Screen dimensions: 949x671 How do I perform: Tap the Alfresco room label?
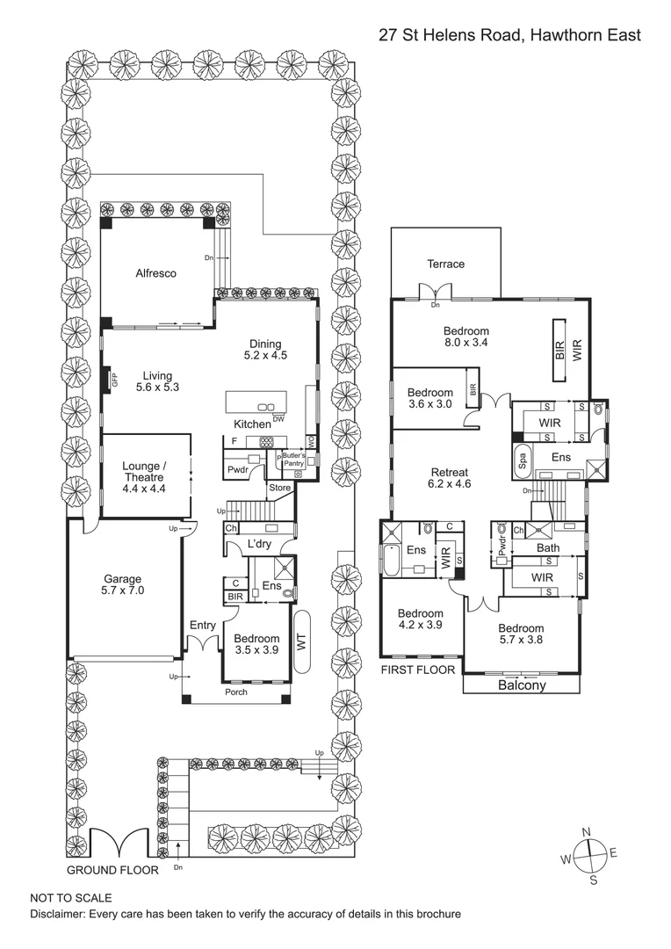[155, 273]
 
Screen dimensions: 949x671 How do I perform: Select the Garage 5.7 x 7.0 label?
[123, 585]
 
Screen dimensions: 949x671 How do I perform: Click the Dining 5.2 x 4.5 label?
[265, 350]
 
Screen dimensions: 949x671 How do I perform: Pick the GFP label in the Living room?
[114, 380]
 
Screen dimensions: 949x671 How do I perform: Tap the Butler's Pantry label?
[292, 460]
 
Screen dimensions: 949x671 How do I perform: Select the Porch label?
[235, 692]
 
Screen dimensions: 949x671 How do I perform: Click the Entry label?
[203, 625]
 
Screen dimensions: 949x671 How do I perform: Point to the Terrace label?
[445, 264]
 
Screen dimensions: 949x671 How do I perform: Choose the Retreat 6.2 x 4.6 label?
[449, 478]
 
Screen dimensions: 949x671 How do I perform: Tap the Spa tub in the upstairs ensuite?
[521, 461]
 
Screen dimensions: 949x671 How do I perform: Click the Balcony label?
[522, 685]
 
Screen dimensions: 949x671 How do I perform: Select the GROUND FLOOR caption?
[113, 870]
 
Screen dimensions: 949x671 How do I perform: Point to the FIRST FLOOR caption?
[417, 670]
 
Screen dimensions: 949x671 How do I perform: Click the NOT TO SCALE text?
[71, 898]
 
